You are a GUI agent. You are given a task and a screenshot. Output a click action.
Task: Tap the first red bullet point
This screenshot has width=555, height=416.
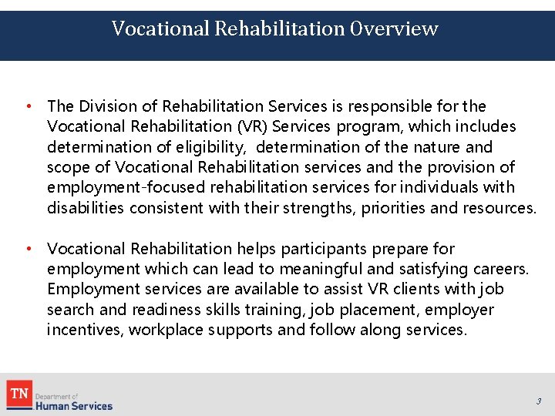click(x=27, y=106)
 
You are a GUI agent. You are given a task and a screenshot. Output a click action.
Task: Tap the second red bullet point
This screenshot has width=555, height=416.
click(x=27, y=249)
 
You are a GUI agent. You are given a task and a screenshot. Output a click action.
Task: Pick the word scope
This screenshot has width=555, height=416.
click(x=66, y=167)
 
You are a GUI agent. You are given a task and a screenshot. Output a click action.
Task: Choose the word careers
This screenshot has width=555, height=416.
click(x=499, y=269)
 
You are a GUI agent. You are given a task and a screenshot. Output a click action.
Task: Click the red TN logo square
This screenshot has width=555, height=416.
click(x=18, y=394)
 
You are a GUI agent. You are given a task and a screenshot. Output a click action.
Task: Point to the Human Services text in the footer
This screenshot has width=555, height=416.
click(x=74, y=405)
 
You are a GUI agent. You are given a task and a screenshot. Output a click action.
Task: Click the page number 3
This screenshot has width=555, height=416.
click(x=539, y=401)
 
